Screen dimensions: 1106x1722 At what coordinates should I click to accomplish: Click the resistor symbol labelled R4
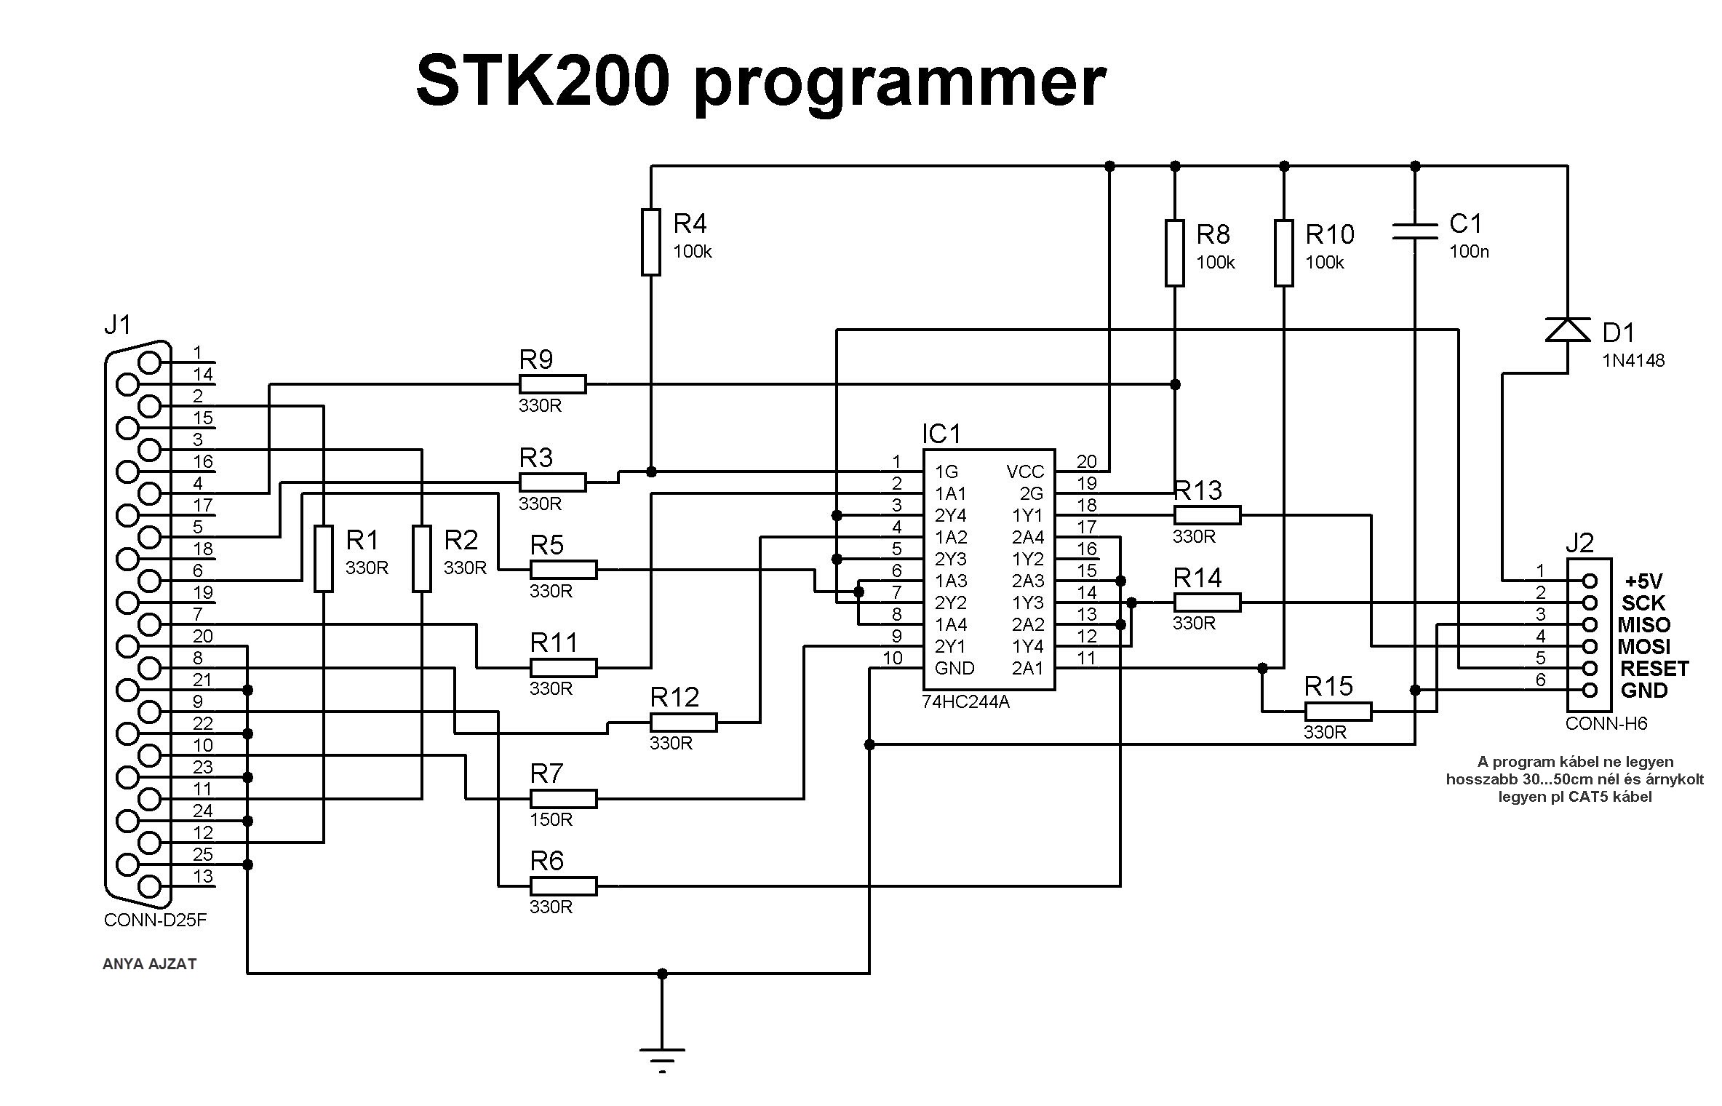tap(650, 242)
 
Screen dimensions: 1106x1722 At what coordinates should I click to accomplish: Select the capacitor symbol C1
tap(1414, 231)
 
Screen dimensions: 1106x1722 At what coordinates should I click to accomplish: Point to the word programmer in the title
tap(900, 84)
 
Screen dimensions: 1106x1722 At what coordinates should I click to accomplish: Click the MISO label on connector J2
tap(1643, 625)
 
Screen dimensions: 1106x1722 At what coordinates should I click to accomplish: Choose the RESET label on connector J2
tap(1654, 669)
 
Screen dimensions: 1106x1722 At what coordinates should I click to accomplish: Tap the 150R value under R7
tap(551, 820)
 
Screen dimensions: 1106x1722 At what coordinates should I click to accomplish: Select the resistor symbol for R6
tap(563, 886)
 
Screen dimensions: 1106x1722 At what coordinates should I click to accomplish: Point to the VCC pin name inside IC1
tap(1025, 472)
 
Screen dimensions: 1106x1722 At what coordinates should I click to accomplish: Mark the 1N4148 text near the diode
tap(1633, 361)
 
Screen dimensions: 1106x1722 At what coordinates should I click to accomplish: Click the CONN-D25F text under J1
tap(155, 920)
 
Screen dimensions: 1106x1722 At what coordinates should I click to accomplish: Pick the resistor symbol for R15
tap(1338, 711)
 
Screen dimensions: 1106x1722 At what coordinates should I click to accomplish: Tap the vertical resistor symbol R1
tap(323, 558)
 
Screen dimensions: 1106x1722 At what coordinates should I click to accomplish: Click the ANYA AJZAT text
tap(149, 964)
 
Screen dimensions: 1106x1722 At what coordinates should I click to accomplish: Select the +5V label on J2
tap(1643, 581)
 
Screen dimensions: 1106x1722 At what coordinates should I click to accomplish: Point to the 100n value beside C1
tap(1469, 252)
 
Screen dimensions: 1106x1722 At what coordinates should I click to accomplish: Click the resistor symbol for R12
tap(683, 722)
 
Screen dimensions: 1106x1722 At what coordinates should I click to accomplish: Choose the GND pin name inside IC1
tap(954, 669)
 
